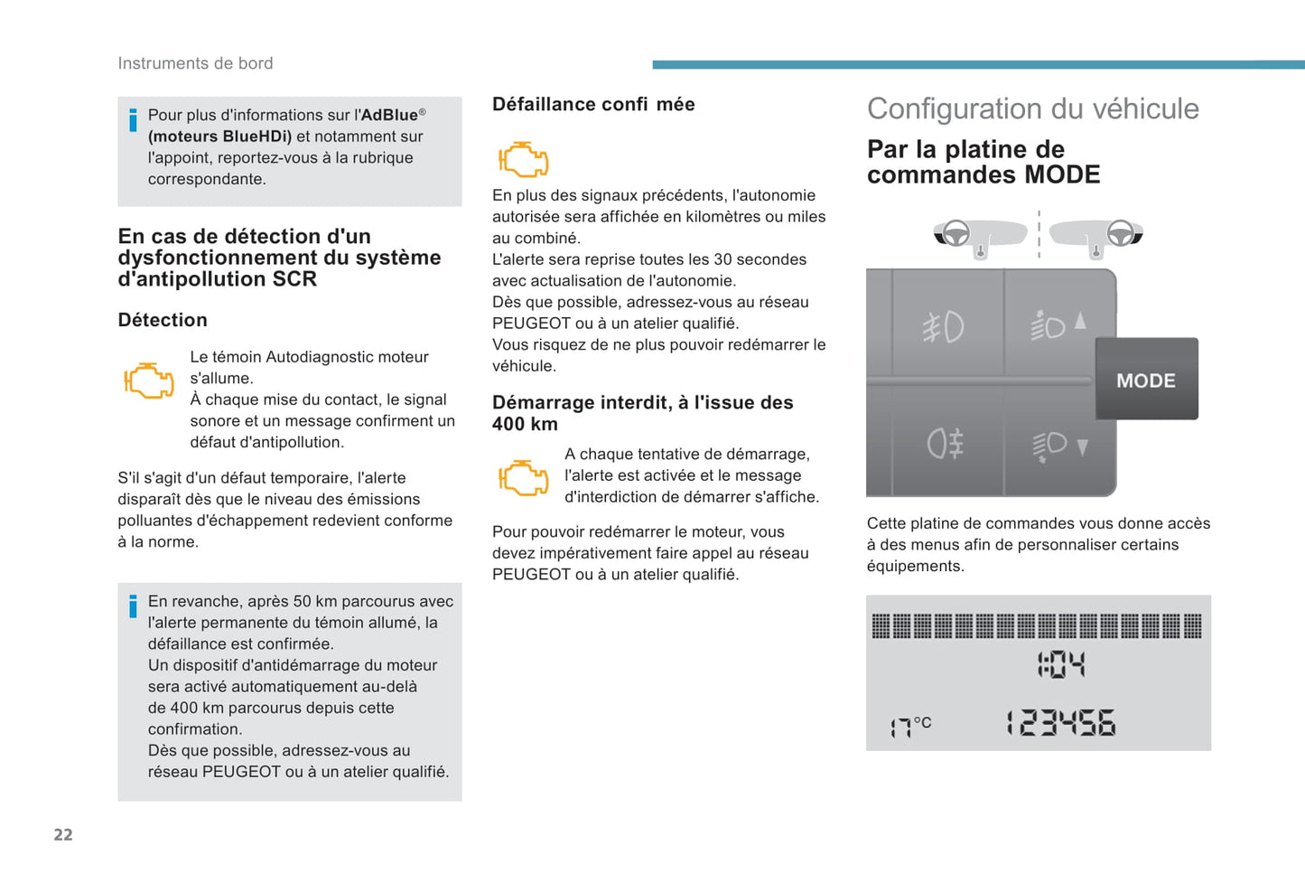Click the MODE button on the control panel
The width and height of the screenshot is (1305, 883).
[x=1146, y=380]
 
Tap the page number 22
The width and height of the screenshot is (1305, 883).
[x=63, y=834]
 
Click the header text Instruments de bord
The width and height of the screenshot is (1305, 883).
[x=195, y=63]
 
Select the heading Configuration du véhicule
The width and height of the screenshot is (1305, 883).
[x=1032, y=108]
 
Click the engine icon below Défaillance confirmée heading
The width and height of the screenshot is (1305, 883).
[x=524, y=159]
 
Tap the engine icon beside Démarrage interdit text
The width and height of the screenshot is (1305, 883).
[x=524, y=477]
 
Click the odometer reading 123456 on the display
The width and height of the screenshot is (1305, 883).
[x=1061, y=723]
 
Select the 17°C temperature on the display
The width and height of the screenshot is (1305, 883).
[x=910, y=726]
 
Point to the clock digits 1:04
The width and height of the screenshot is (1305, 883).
[x=1061, y=665]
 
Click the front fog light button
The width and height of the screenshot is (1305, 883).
[x=944, y=327]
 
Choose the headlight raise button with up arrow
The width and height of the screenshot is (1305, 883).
[x=1058, y=324]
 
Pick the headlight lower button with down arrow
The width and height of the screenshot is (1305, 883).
[x=1059, y=446]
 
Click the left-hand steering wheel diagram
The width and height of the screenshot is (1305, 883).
[x=980, y=235]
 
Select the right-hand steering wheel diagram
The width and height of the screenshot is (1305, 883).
[x=1096, y=235]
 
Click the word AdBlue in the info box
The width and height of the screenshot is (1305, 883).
[x=389, y=115]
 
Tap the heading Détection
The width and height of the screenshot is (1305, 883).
[x=163, y=320]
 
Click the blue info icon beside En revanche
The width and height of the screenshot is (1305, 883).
[x=133, y=606]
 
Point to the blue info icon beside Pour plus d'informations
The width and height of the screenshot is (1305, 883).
[x=133, y=119]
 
